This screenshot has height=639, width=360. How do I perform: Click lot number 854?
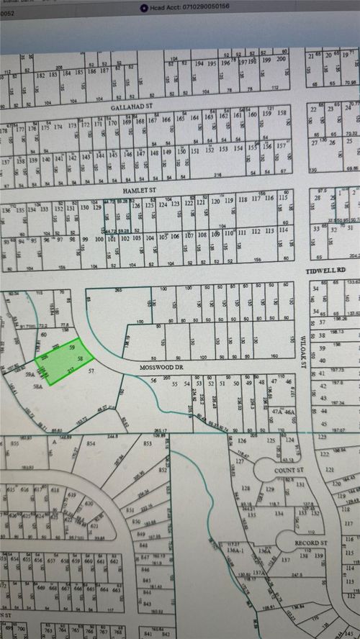(x=91, y=444)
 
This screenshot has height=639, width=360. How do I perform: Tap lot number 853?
(x=148, y=443)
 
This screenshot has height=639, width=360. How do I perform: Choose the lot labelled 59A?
(x=30, y=375)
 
